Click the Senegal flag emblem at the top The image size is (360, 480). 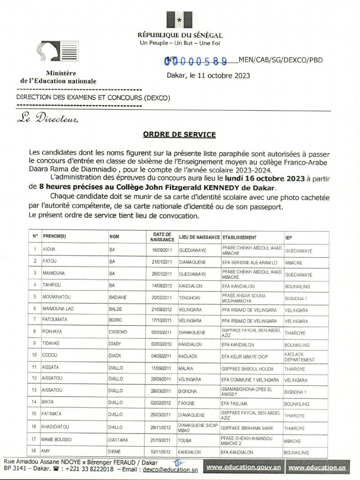(179, 20)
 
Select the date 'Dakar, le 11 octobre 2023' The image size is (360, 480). (208, 75)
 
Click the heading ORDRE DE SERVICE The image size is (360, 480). (179, 135)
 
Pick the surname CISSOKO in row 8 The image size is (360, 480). (118, 333)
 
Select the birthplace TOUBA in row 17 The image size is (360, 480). (185, 441)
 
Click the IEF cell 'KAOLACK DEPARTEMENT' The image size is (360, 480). (299, 357)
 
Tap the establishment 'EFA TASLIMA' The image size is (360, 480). (234, 404)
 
